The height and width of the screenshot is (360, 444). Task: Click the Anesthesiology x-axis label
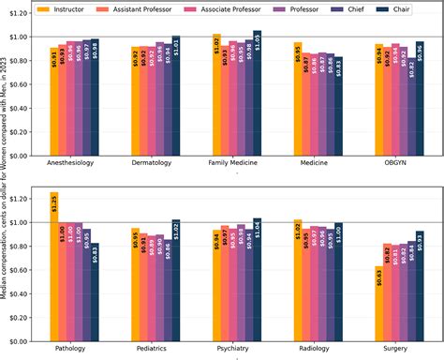pos(75,164)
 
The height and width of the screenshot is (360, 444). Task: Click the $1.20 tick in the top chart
pos(21,17)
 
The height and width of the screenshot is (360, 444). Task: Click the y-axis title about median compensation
pos(6,178)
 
